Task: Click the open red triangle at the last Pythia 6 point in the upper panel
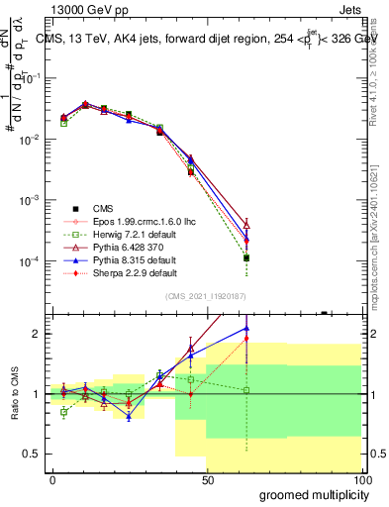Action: click(246, 225)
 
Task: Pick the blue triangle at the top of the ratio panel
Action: click(246, 328)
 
